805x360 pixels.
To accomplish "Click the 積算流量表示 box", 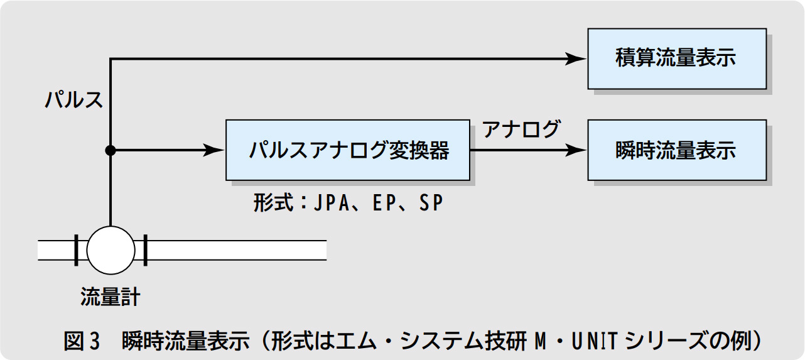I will (x=676, y=58).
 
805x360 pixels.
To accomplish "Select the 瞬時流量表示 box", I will (x=676, y=151).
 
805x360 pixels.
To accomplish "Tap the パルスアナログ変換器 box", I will (x=347, y=151).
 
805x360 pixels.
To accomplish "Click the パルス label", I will (x=73, y=100).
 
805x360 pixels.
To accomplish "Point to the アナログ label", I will (x=521, y=129).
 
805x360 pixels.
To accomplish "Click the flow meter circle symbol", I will (x=111, y=249).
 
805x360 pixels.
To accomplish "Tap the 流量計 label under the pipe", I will (x=111, y=297).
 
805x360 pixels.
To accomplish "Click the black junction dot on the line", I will (x=111, y=150).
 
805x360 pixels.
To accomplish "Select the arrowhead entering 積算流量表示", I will (x=576, y=58).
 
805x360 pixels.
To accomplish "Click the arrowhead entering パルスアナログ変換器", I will (x=215, y=150).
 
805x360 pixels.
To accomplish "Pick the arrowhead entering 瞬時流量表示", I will (x=576, y=151).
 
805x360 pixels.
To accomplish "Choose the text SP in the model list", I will (x=431, y=204).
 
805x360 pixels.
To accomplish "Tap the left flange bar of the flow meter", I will (x=76, y=249).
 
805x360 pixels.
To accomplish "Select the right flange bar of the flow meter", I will (x=145, y=249).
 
